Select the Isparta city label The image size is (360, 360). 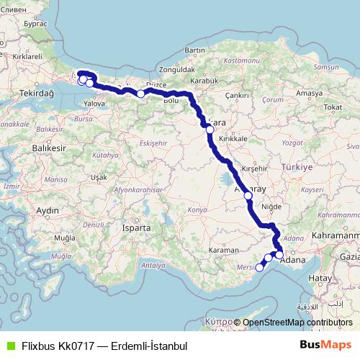(x=136, y=228)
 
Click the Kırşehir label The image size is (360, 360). (x=255, y=167)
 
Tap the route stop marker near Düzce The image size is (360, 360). (x=141, y=94)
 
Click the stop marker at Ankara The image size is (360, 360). (x=210, y=130)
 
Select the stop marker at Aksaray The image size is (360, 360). (x=248, y=195)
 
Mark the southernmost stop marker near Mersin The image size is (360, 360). (x=260, y=268)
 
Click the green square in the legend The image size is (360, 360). (x=9, y=346)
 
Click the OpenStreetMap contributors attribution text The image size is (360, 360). (x=298, y=323)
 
